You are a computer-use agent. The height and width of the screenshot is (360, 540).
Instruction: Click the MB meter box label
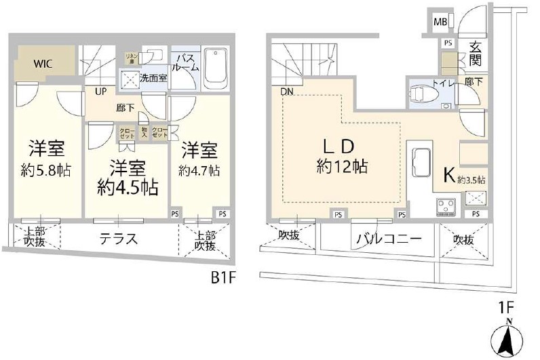pos(440,21)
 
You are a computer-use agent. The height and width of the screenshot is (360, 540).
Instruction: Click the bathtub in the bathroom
pos(218,65)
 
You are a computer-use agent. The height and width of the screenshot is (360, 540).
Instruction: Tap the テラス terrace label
pos(119,240)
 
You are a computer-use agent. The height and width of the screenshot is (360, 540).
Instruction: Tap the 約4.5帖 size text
pos(128,187)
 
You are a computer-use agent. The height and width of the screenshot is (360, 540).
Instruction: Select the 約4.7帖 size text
pos(200,169)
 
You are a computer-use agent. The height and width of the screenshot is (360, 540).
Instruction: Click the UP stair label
pos(100,91)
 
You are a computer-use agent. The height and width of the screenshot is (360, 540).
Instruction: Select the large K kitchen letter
pos(448,176)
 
